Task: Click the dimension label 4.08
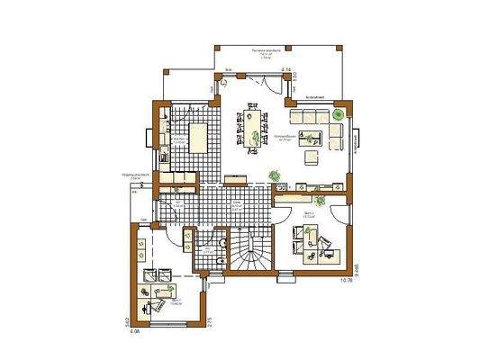point(134,330)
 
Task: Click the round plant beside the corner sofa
point(337,114)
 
